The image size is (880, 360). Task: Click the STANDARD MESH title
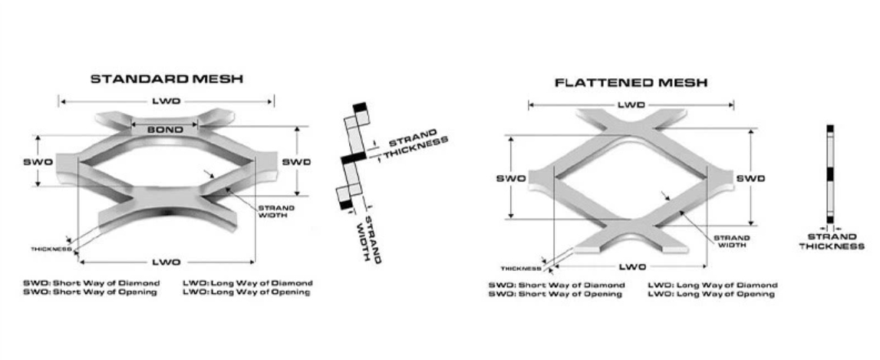point(166,78)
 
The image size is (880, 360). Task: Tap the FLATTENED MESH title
point(631,82)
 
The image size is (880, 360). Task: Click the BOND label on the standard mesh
point(165,130)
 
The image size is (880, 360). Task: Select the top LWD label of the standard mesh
point(166,101)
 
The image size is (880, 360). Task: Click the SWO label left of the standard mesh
point(38,162)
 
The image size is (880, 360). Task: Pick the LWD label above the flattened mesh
point(631,104)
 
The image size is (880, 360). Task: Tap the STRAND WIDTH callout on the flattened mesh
point(732,242)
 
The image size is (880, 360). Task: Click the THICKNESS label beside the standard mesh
point(51,249)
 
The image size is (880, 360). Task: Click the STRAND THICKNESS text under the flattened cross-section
point(832,241)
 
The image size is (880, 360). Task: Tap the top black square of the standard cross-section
point(360,107)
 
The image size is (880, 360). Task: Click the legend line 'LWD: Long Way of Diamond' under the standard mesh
point(248,282)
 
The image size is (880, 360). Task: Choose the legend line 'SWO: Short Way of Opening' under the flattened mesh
point(556,295)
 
